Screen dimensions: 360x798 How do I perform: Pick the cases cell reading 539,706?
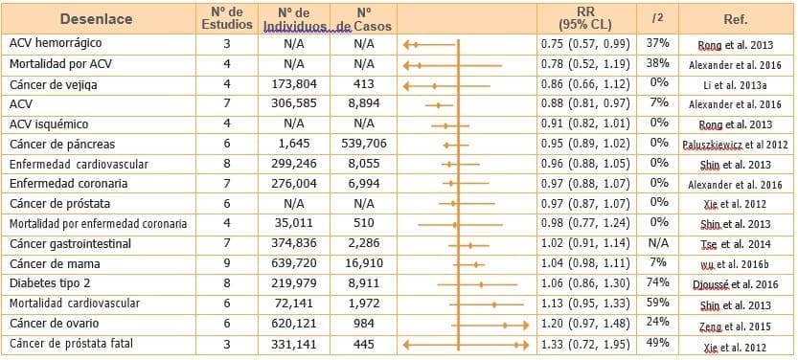[363, 144]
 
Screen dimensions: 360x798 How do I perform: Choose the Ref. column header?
[736, 19]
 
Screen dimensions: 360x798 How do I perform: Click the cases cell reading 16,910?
[363, 263]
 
